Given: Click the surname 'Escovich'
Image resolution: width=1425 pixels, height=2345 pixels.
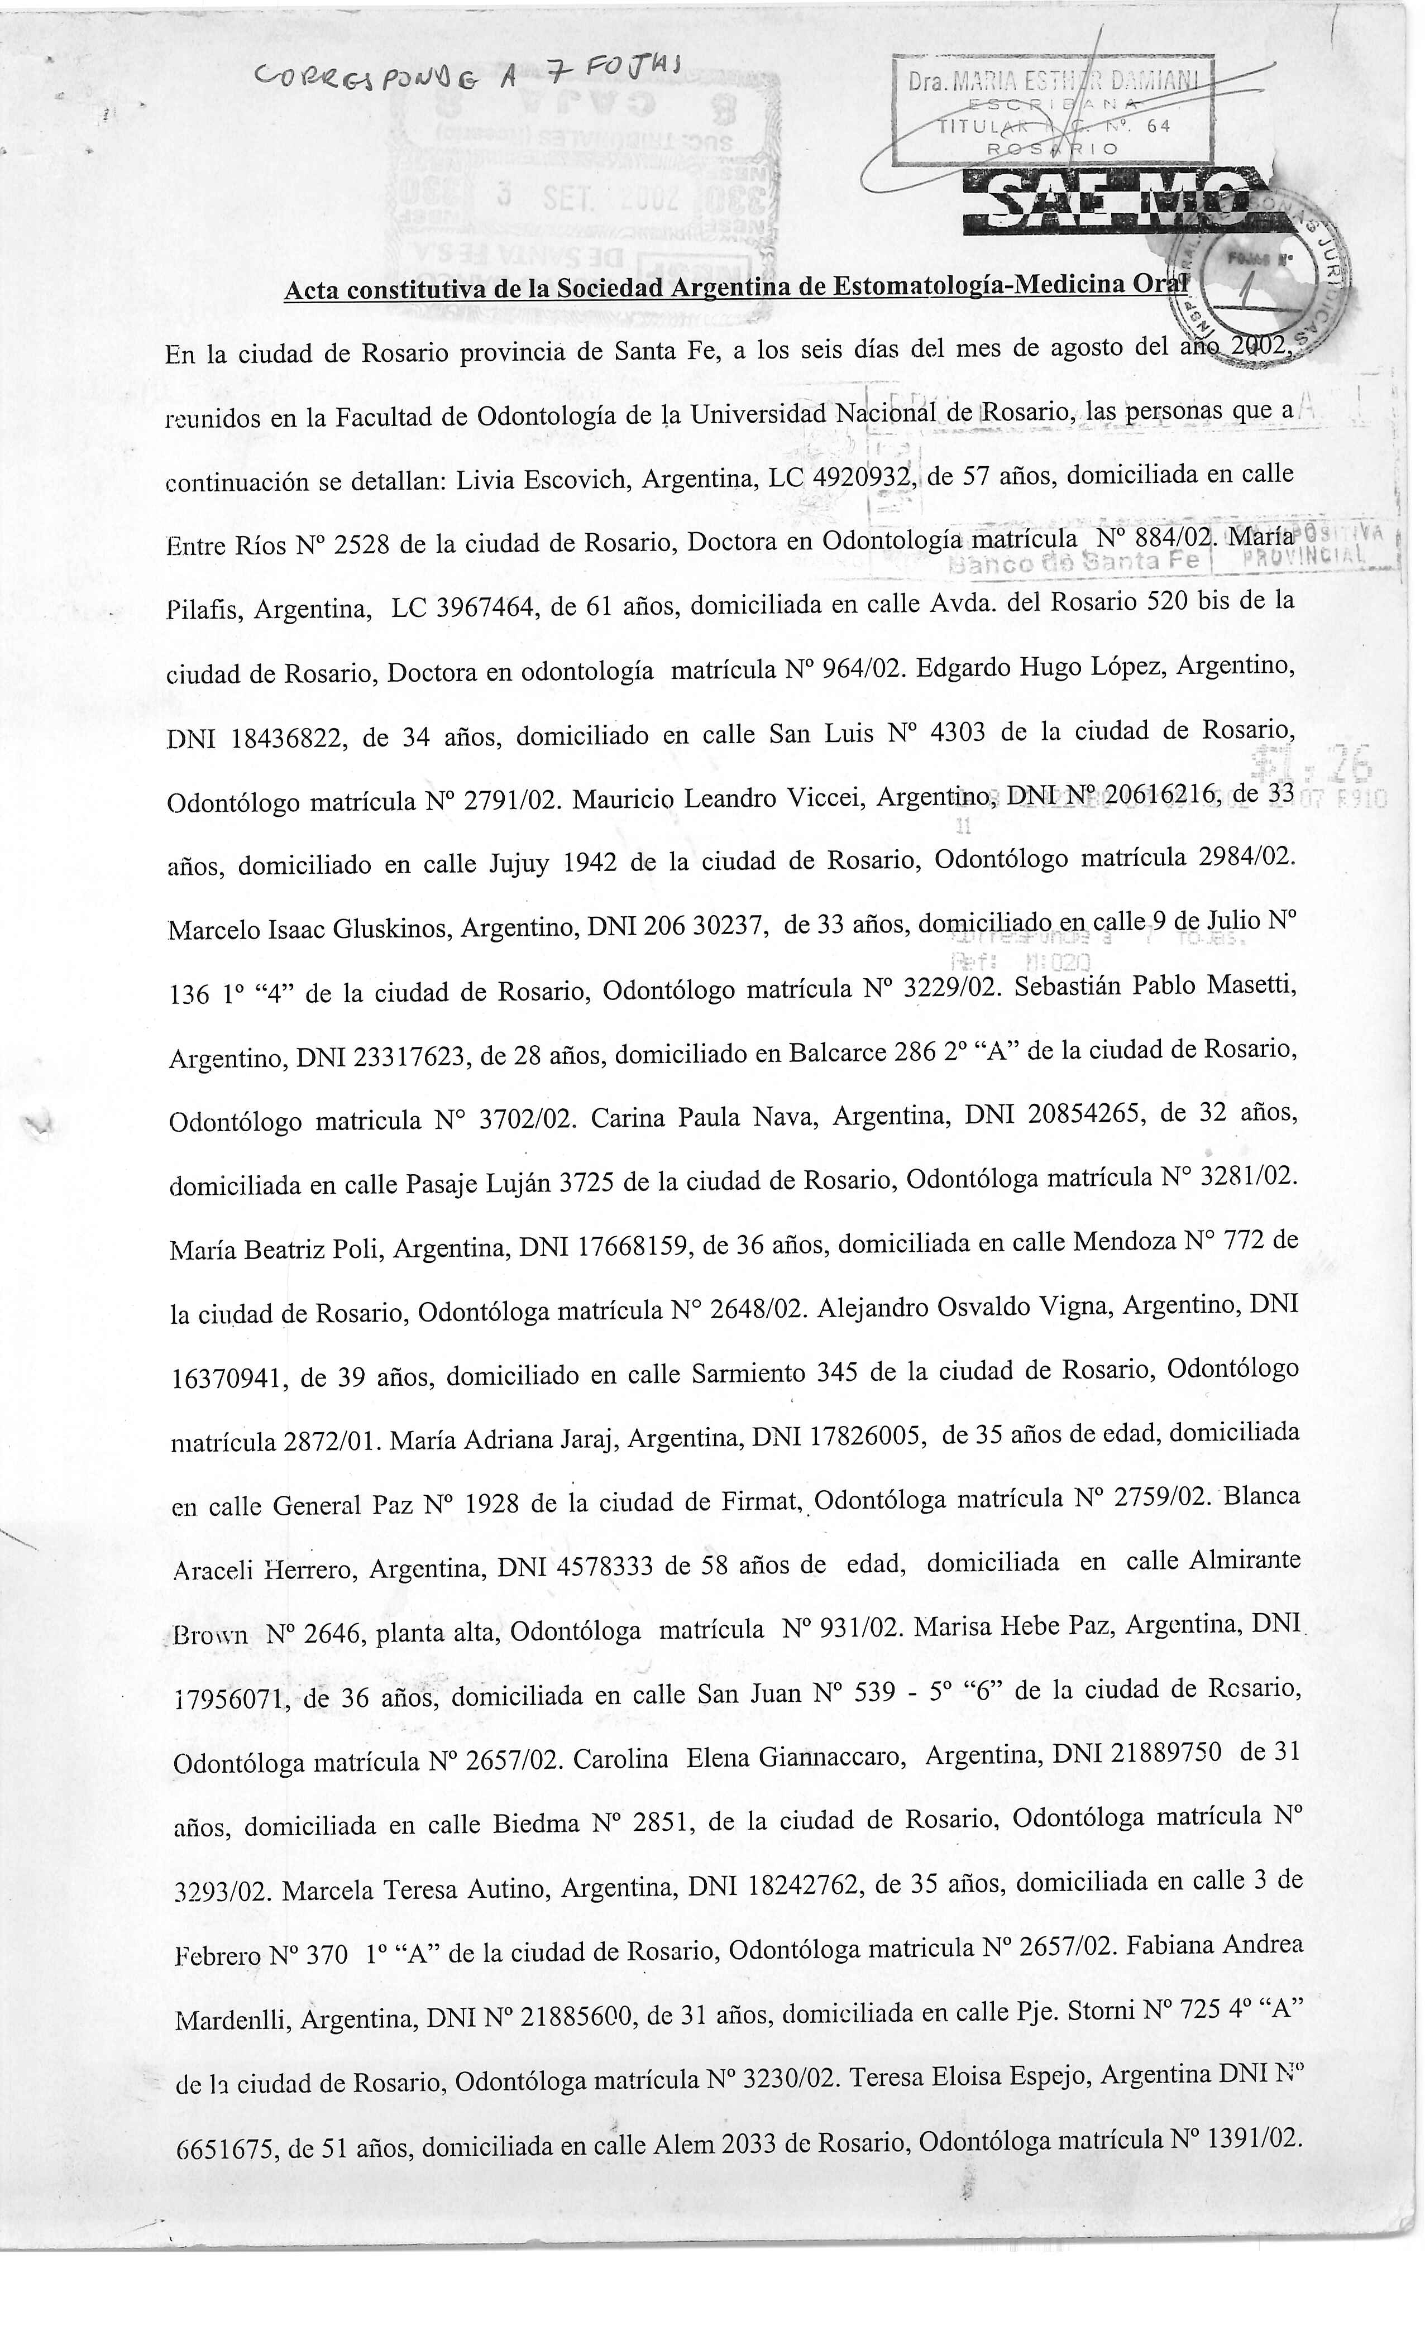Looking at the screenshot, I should point(576,478).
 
